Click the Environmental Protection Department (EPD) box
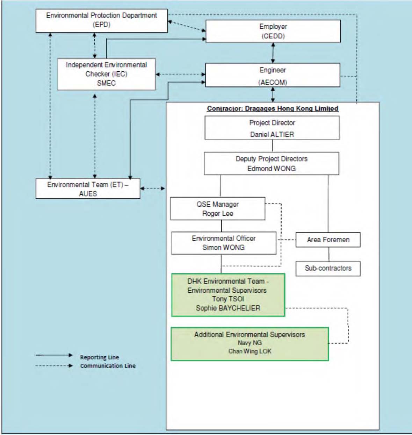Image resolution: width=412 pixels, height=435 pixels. [101, 21]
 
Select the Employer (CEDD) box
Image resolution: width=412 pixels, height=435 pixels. [273, 31]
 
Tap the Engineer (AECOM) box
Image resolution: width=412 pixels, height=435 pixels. [273, 75]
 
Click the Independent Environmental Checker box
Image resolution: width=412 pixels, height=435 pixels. [106, 74]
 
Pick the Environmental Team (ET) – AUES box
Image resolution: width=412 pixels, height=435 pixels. [88, 188]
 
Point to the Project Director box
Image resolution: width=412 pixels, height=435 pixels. [272, 128]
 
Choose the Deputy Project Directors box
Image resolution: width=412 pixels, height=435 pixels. [272, 163]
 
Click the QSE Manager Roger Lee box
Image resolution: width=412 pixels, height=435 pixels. [218, 208]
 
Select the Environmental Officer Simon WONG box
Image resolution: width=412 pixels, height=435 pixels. [224, 243]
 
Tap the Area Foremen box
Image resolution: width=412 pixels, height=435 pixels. [328, 240]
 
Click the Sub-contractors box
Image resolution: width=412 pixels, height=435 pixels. [328, 269]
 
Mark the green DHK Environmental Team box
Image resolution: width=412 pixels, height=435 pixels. [228, 295]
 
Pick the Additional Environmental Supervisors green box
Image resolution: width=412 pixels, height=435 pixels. [250, 344]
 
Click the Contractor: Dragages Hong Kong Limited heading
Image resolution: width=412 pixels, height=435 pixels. [273, 109]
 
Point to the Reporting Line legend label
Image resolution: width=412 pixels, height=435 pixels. [100, 357]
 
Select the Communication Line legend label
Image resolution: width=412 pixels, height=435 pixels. [108, 366]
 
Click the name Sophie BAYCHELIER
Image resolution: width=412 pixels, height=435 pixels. [228, 308]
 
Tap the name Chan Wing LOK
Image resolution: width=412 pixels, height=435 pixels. [250, 351]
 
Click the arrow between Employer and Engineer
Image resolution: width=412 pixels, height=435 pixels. [273, 53]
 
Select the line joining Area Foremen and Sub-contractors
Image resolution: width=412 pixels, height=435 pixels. [328, 255]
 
